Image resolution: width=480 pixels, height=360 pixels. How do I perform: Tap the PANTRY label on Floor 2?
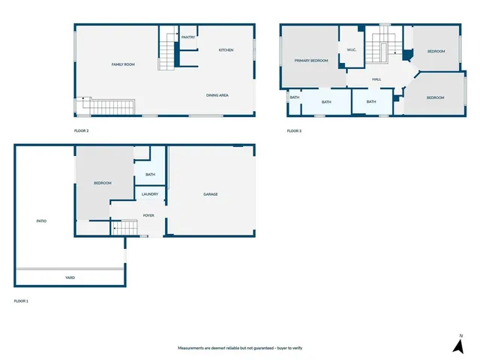[x=188, y=37]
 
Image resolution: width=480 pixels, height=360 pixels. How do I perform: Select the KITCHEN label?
[x=226, y=50]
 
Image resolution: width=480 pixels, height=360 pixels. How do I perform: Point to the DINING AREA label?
[x=217, y=95]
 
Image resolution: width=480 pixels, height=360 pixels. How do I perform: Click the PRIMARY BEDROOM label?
[x=311, y=61]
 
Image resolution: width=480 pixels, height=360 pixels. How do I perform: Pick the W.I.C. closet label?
[x=351, y=50]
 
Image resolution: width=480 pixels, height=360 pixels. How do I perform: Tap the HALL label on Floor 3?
[x=376, y=79]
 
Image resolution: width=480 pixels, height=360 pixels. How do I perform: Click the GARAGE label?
[x=211, y=194]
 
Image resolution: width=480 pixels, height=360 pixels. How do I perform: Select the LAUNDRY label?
[x=150, y=194]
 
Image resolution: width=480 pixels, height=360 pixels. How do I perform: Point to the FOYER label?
[x=148, y=215]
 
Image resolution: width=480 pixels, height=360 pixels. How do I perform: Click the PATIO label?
[x=42, y=221]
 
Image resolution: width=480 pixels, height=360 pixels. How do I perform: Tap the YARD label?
[x=70, y=277]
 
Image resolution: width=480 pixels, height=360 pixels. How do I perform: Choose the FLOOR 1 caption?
[x=21, y=301]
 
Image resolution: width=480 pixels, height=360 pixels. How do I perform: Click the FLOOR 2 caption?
[x=81, y=131]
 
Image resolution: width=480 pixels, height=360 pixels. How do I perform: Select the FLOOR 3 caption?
[x=294, y=131]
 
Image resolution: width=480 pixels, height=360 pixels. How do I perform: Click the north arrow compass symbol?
[x=457, y=344]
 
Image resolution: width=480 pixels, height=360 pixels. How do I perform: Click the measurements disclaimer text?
[x=239, y=349]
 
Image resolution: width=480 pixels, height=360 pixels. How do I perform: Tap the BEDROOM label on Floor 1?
[x=103, y=184]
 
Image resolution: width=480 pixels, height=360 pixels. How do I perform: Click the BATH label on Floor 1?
[x=150, y=175]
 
